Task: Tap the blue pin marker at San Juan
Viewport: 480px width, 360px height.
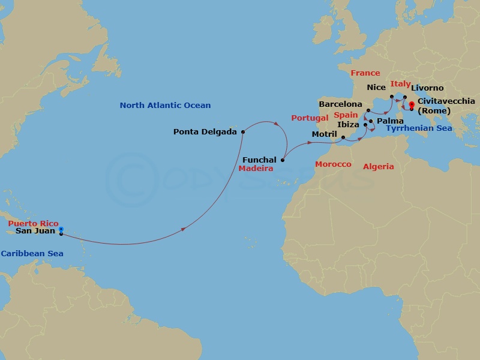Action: [61, 229]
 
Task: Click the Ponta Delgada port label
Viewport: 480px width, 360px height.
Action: [205, 131]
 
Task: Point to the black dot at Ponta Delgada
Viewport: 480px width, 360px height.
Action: [242, 132]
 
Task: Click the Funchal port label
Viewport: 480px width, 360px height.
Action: [259, 160]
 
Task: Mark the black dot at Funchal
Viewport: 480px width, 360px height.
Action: [282, 160]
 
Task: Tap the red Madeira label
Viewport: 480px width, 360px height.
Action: [256, 169]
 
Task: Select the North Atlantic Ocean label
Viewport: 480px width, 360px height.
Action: [165, 106]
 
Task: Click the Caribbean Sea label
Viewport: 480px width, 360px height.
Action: [32, 254]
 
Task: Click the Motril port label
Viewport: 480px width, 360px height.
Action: [325, 134]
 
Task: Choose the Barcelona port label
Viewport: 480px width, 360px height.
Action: [341, 104]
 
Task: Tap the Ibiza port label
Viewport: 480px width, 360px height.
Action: [349, 124]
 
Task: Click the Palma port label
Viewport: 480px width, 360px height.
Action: [390, 121]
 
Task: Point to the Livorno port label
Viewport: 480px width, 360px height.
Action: [427, 88]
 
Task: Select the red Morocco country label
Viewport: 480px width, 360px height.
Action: [333, 164]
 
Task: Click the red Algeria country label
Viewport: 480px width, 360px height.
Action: [378, 167]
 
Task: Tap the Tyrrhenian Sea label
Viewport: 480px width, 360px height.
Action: [419, 128]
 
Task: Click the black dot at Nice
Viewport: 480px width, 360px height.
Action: [392, 97]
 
